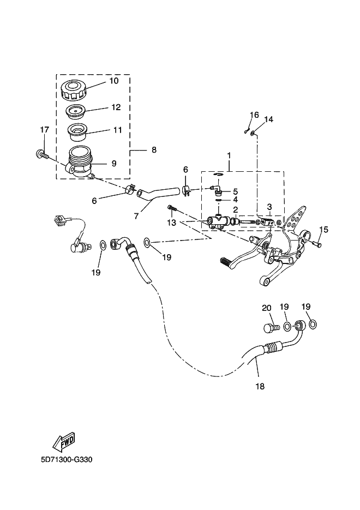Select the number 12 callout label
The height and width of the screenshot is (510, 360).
click(x=116, y=107)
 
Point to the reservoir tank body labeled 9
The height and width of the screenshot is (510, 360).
click(x=79, y=163)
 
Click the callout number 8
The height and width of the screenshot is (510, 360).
click(x=154, y=149)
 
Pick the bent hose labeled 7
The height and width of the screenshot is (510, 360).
click(x=158, y=191)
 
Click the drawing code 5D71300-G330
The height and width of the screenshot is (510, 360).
click(x=67, y=460)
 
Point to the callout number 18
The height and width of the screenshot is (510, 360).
click(x=260, y=386)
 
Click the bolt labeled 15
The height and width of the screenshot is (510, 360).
click(x=317, y=242)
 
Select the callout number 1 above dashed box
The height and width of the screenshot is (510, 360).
click(x=229, y=156)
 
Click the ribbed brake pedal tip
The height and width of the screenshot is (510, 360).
click(x=226, y=261)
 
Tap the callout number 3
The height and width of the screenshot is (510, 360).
click(x=269, y=207)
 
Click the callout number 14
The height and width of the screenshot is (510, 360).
click(x=268, y=119)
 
